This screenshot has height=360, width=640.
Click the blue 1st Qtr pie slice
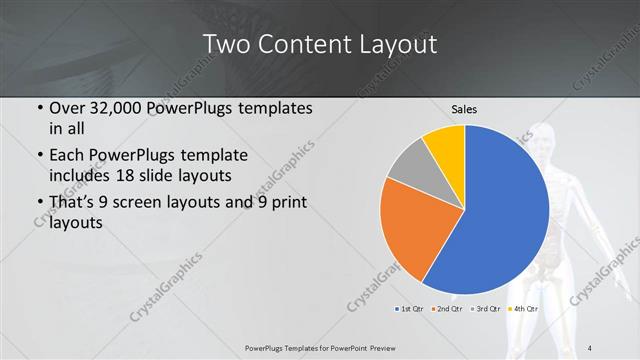(x=500, y=210)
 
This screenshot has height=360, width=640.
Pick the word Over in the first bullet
(x=66, y=109)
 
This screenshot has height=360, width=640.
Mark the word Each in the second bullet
(x=67, y=155)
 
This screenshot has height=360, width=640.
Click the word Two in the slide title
(x=224, y=44)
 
